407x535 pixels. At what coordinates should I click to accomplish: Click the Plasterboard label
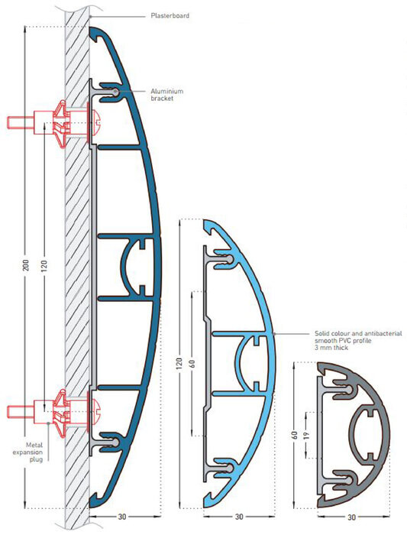[170, 16]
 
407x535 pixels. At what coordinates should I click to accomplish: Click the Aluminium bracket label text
[167, 95]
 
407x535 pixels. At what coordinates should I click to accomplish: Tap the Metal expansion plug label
[28, 452]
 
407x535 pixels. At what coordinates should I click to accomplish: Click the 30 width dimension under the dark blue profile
[121, 517]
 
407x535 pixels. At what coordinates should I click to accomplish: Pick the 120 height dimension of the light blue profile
[180, 364]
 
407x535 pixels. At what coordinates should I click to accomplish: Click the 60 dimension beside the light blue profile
[193, 364]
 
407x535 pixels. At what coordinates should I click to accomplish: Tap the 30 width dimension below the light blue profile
[239, 517]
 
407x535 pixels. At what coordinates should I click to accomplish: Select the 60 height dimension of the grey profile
[295, 435]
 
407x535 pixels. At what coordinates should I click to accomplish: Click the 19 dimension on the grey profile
[306, 435]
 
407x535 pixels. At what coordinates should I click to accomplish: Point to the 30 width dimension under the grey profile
[351, 517]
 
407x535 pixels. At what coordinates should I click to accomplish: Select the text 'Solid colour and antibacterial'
[358, 333]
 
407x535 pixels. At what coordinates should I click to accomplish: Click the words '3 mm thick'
[331, 348]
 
